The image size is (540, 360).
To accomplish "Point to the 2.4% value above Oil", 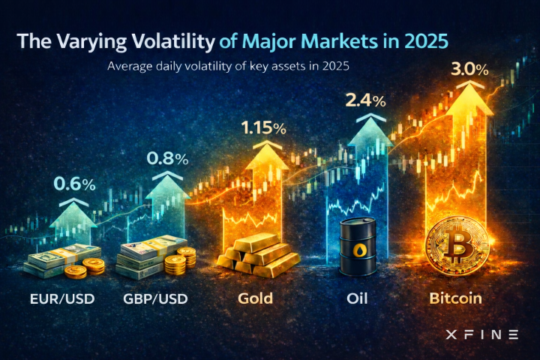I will coord(367,99).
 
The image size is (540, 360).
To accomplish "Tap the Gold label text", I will coord(255,298).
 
